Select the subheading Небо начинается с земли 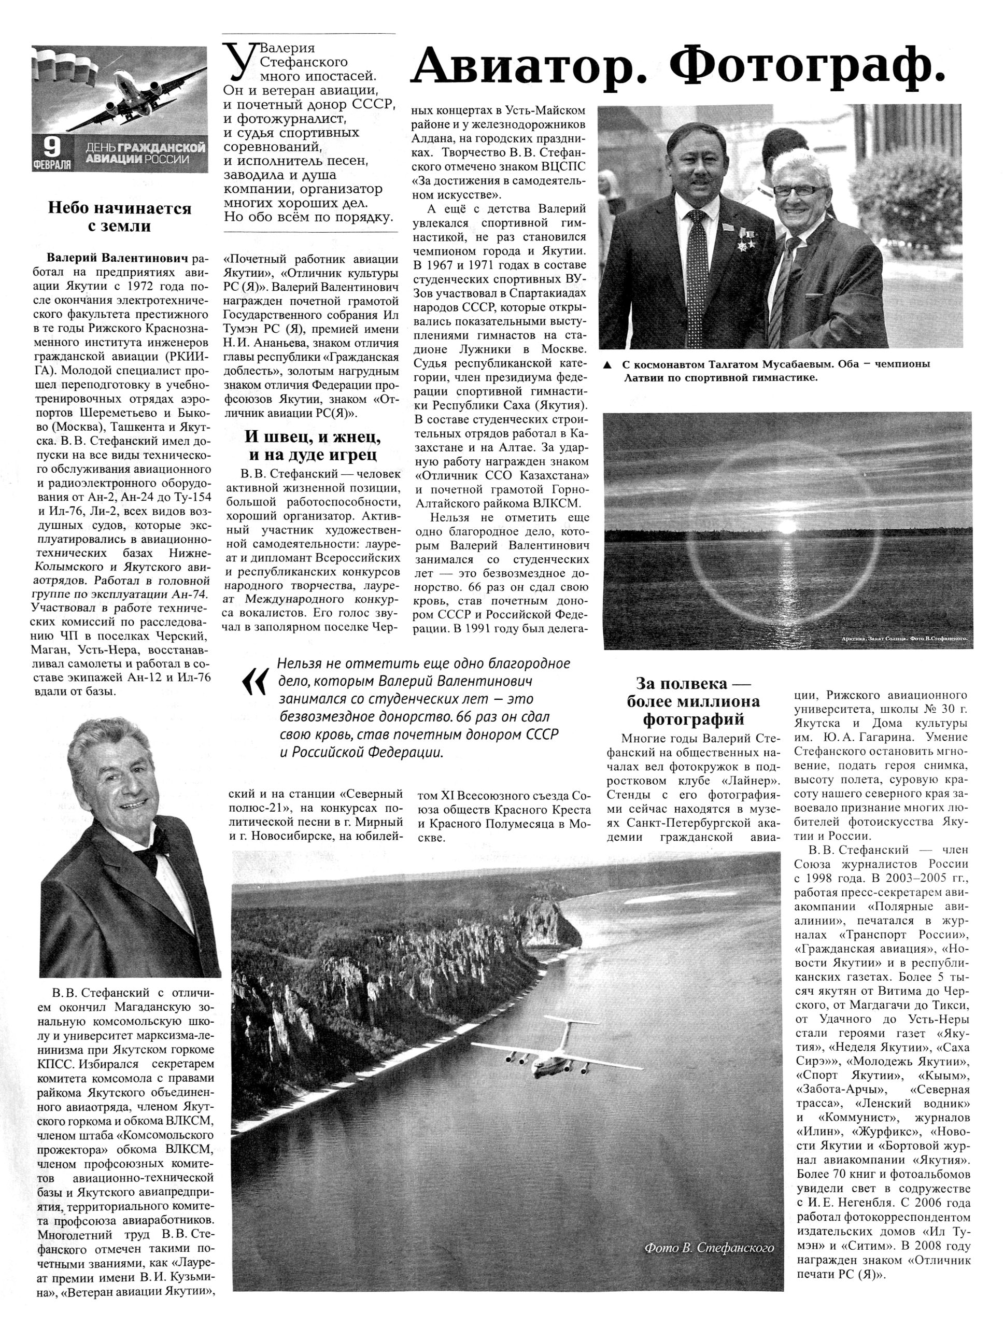click(119, 217)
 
